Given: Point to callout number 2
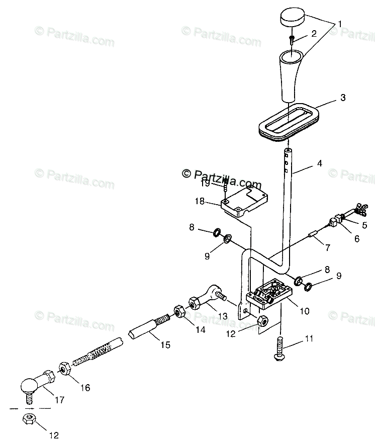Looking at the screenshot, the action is pyautogui.click(x=313, y=34).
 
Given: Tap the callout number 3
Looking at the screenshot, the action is pyautogui.click(x=343, y=98).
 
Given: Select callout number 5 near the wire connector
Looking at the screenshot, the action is pyautogui.click(x=364, y=225).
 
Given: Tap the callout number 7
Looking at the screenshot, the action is pyautogui.click(x=328, y=247).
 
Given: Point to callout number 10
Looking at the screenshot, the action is pyautogui.click(x=305, y=311).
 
